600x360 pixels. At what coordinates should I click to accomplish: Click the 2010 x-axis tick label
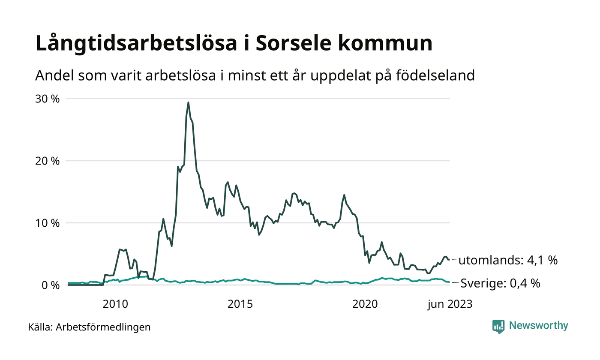115,304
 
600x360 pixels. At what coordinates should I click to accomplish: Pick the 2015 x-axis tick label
240,304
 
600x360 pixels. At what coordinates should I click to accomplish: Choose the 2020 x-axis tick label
365,304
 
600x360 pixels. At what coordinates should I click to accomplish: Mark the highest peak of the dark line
188,102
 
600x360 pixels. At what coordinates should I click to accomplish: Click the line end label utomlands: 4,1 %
508,260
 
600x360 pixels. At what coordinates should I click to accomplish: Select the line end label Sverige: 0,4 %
499,283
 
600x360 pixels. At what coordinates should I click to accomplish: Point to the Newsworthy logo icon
498,327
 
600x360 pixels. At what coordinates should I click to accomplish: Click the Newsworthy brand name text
538,326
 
